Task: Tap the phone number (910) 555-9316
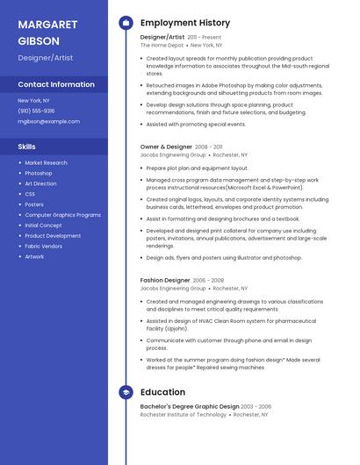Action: pos(36,111)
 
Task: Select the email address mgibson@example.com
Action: pos(48,122)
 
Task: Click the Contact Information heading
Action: pos(56,84)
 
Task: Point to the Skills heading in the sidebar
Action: pos(27,147)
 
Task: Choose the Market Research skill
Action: pos(46,162)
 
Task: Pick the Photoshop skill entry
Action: pos(39,173)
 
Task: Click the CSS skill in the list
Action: pos(30,194)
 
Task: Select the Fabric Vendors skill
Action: pos(44,247)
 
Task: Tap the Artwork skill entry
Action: pos(34,257)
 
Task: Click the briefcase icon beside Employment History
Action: pos(126,23)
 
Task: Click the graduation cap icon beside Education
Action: pos(126,392)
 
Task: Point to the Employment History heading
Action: pos(185,23)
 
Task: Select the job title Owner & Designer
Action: pos(166,147)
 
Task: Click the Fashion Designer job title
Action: pos(164,280)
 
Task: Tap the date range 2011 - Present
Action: pos(205,38)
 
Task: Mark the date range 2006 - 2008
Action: pos(209,280)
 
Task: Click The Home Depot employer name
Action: pos(162,46)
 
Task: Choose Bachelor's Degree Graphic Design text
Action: pos(190,406)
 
